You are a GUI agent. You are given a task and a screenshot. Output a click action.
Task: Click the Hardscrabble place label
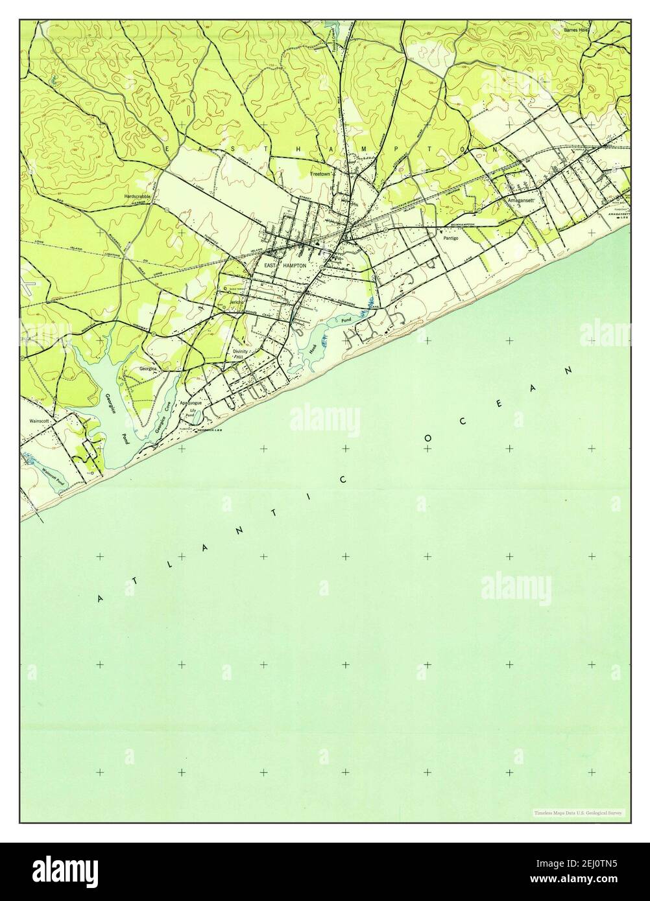(x=138, y=195)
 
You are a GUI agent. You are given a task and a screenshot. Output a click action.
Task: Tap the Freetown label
(x=320, y=174)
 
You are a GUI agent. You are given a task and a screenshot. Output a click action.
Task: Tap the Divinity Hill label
(x=241, y=354)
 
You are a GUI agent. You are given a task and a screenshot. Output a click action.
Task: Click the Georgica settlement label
(x=149, y=368)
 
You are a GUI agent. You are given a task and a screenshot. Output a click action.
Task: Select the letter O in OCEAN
(x=429, y=439)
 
